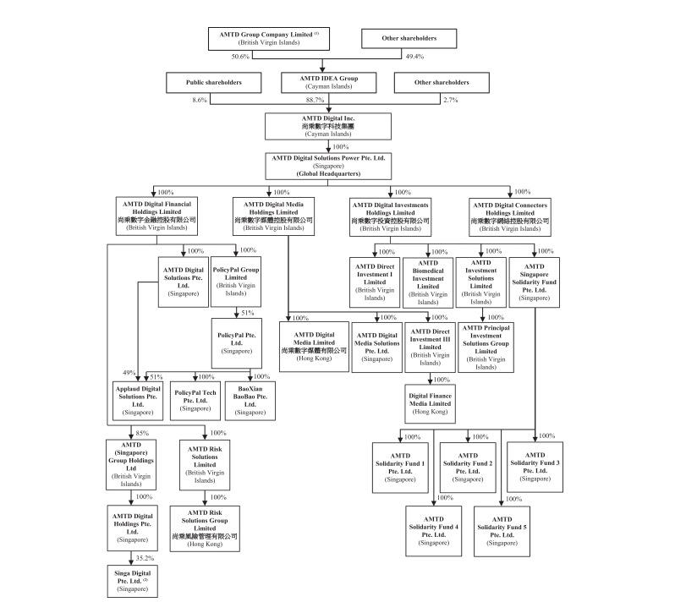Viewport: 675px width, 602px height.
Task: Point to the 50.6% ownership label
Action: pos(241,56)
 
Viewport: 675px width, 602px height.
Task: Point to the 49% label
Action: pos(129,374)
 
